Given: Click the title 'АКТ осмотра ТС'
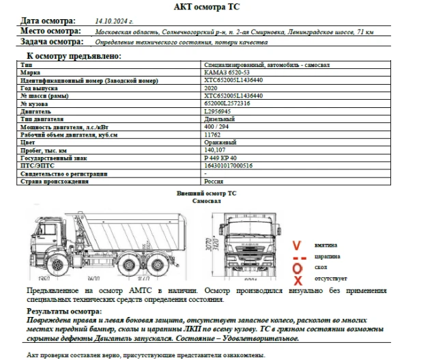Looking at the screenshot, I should pyautogui.click(x=216, y=8).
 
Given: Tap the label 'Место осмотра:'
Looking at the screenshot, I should pyautogui.click(x=51, y=31).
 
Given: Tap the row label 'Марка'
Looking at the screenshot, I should pyautogui.click(x=31, y=71).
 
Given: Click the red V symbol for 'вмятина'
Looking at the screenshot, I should pyautogui.click(x=296, y=245).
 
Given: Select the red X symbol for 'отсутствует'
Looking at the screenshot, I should pyautogui.click(x=297, y=279).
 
